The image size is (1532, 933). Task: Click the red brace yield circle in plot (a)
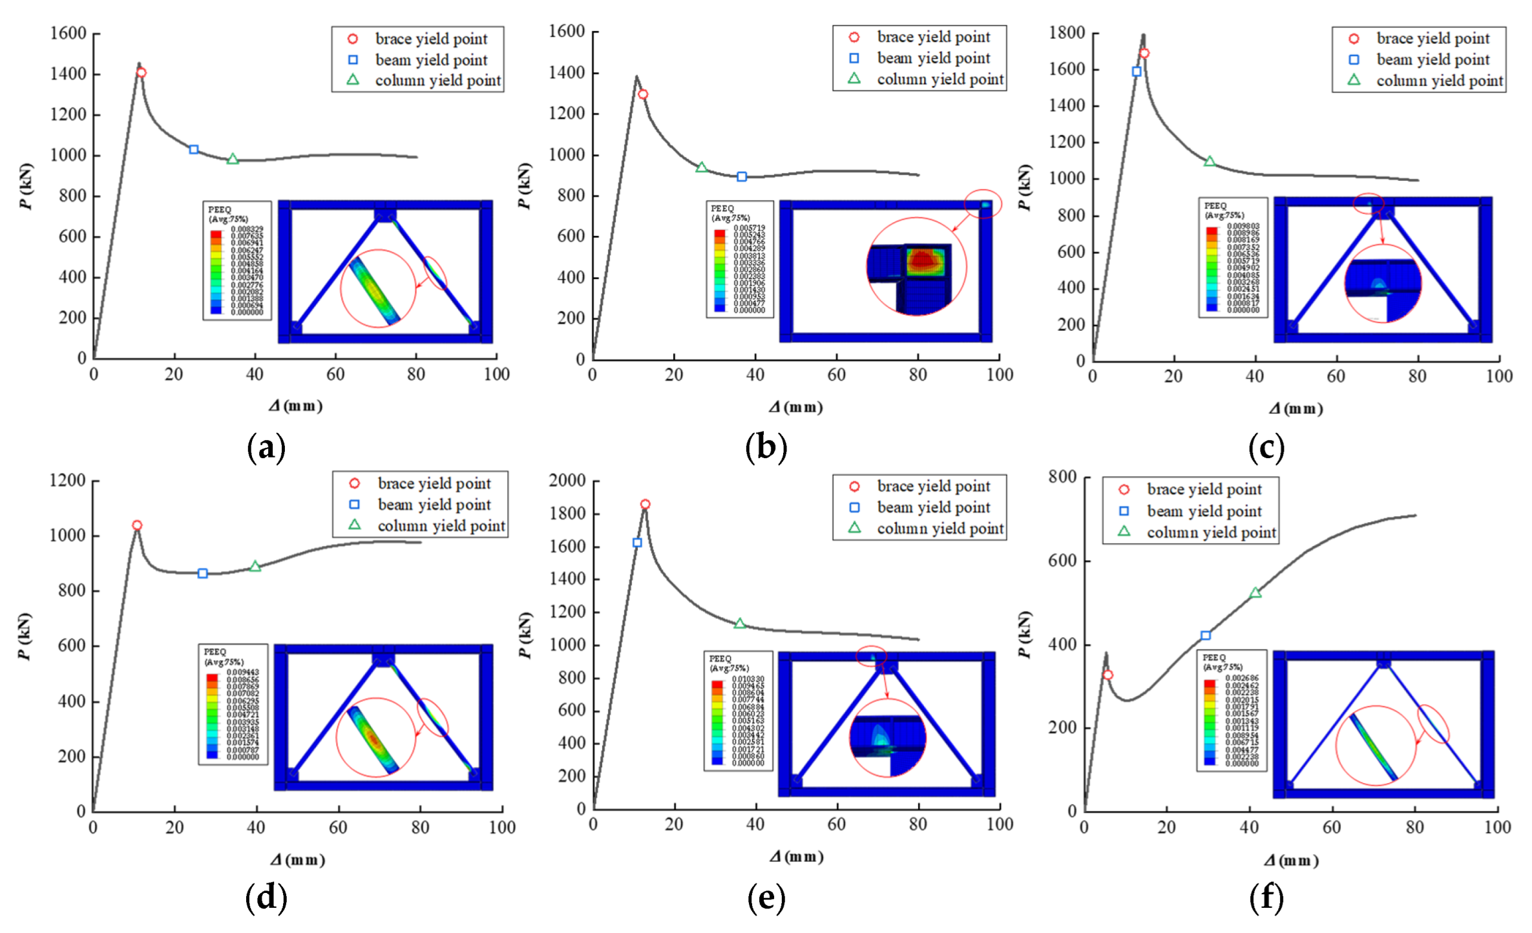[x=142, y=72]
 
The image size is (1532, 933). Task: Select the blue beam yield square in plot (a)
[x=194, y=149]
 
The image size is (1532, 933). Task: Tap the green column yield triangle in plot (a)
[x=233, y=159]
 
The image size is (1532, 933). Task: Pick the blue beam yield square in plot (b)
[x=742, y=176]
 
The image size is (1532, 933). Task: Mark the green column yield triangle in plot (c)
[x=1210, y=162]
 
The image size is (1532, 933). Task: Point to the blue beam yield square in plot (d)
[x=203, y=573]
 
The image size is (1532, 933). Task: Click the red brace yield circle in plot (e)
[x=645, y=504]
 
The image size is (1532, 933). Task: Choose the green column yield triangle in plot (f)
[x=1255, y=593]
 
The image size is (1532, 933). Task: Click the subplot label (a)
[x=266, y=447]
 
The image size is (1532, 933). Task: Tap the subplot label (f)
[x=1266, y=897]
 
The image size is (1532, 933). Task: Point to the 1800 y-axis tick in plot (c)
[x=1067, y=32]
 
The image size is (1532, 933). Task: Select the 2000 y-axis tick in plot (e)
[x=567, y=480]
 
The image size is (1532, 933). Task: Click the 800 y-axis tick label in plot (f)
[x=1062, y=476]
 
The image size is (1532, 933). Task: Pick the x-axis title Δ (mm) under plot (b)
[x=795, y=407]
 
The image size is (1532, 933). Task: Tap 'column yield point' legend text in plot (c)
[x=1440, y=81]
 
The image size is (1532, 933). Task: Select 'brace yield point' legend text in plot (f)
[x=1204, y=489]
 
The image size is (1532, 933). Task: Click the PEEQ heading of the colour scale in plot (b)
[x=722, y=209]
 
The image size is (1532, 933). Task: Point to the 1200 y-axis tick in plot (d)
[x=68, y=480]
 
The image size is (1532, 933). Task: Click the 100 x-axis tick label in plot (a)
[x=496, y=374]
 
